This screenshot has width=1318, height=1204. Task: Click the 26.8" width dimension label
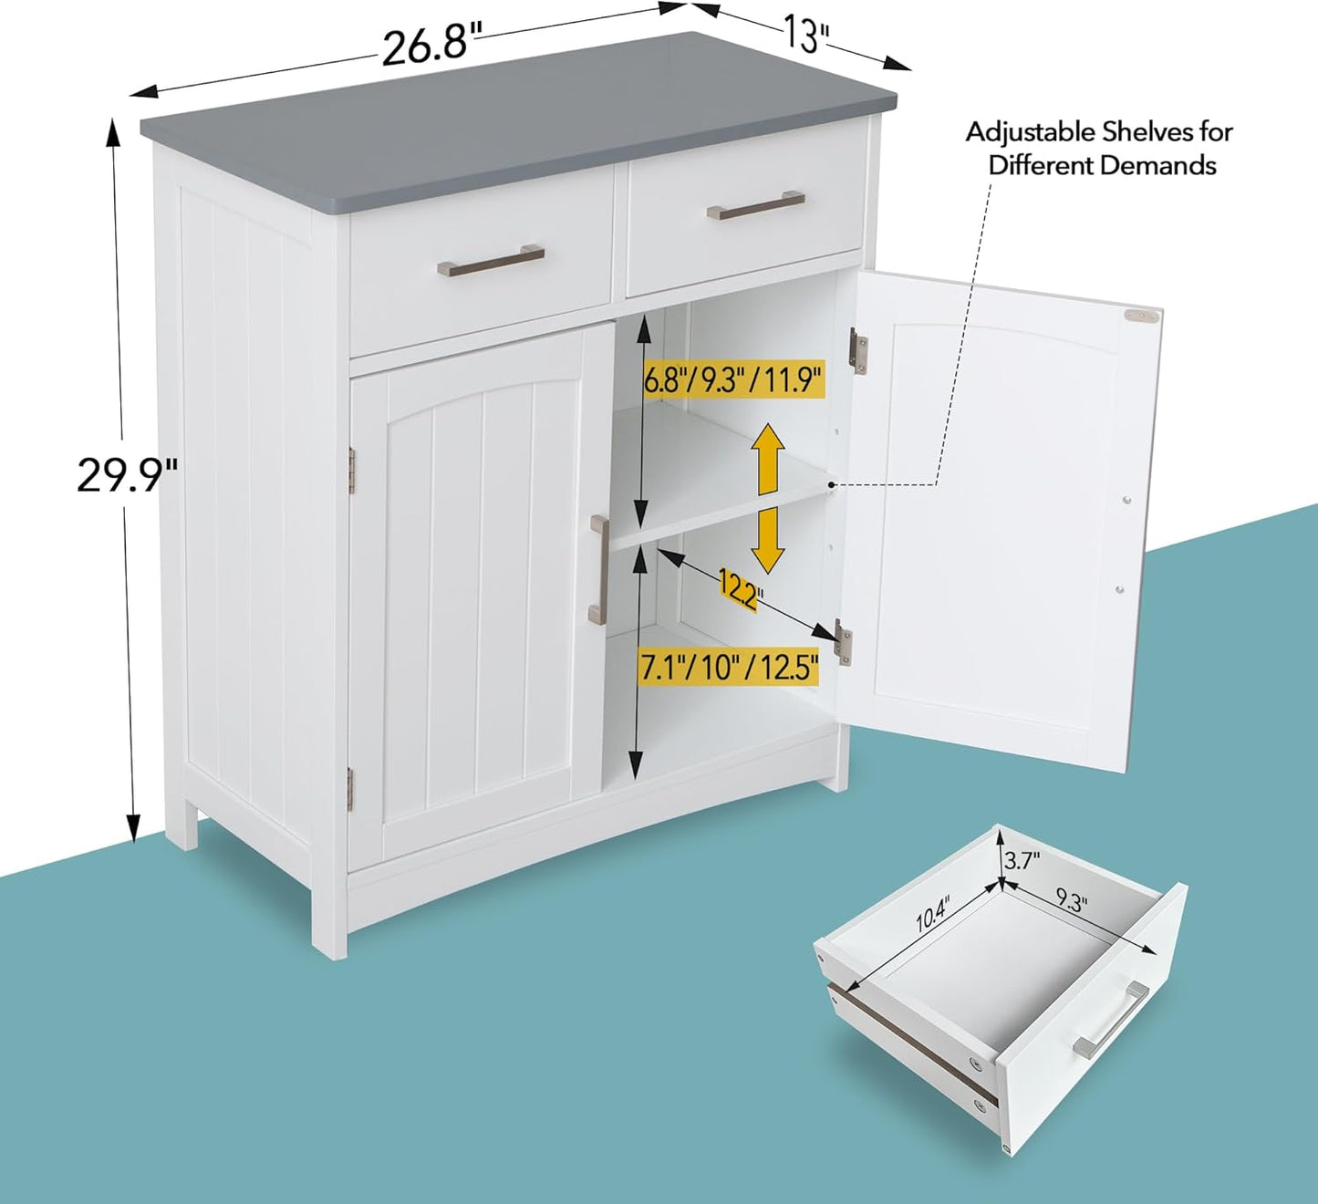pyautogui.click(x=431, y=45)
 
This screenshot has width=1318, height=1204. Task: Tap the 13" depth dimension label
pyautogui.click(x=806, y=36)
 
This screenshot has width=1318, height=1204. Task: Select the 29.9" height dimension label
pyautogui.click(x=126, y=474)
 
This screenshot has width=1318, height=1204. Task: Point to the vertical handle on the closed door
pyautogui.click(x=598, y=569)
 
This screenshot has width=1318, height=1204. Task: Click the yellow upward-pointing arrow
pyautogui.click(x=768, y=458)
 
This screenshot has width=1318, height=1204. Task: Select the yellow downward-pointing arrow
pyautogui.click(x=768, y=540)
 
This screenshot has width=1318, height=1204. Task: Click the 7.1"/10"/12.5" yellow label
pyautogui.click(x=729, y=669)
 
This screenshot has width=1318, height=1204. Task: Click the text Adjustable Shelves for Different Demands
pyautogui.click(x=1100, y=149)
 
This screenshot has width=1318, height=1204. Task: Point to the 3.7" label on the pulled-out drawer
pyautogui.click(x=1022, y=859)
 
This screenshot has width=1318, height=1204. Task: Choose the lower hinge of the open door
pyautogui.click(x=844, y=642)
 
